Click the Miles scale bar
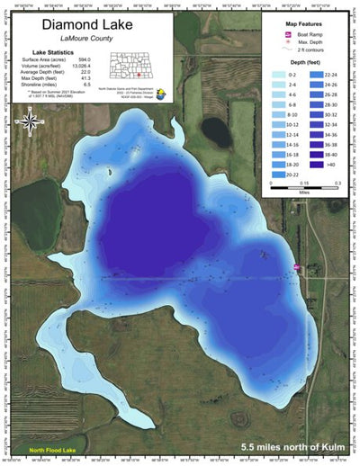point(304,180)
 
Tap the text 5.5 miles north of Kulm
point(292,447)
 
